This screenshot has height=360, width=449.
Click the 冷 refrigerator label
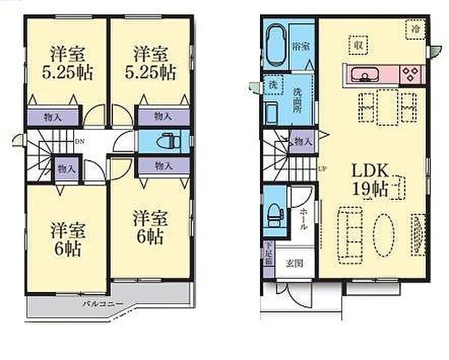(416, 28)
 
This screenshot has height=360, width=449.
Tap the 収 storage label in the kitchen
(358, 44)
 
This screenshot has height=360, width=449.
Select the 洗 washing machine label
(273, 85)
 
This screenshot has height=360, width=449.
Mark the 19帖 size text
(371, 191)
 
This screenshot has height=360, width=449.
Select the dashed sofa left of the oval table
(353, 230)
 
